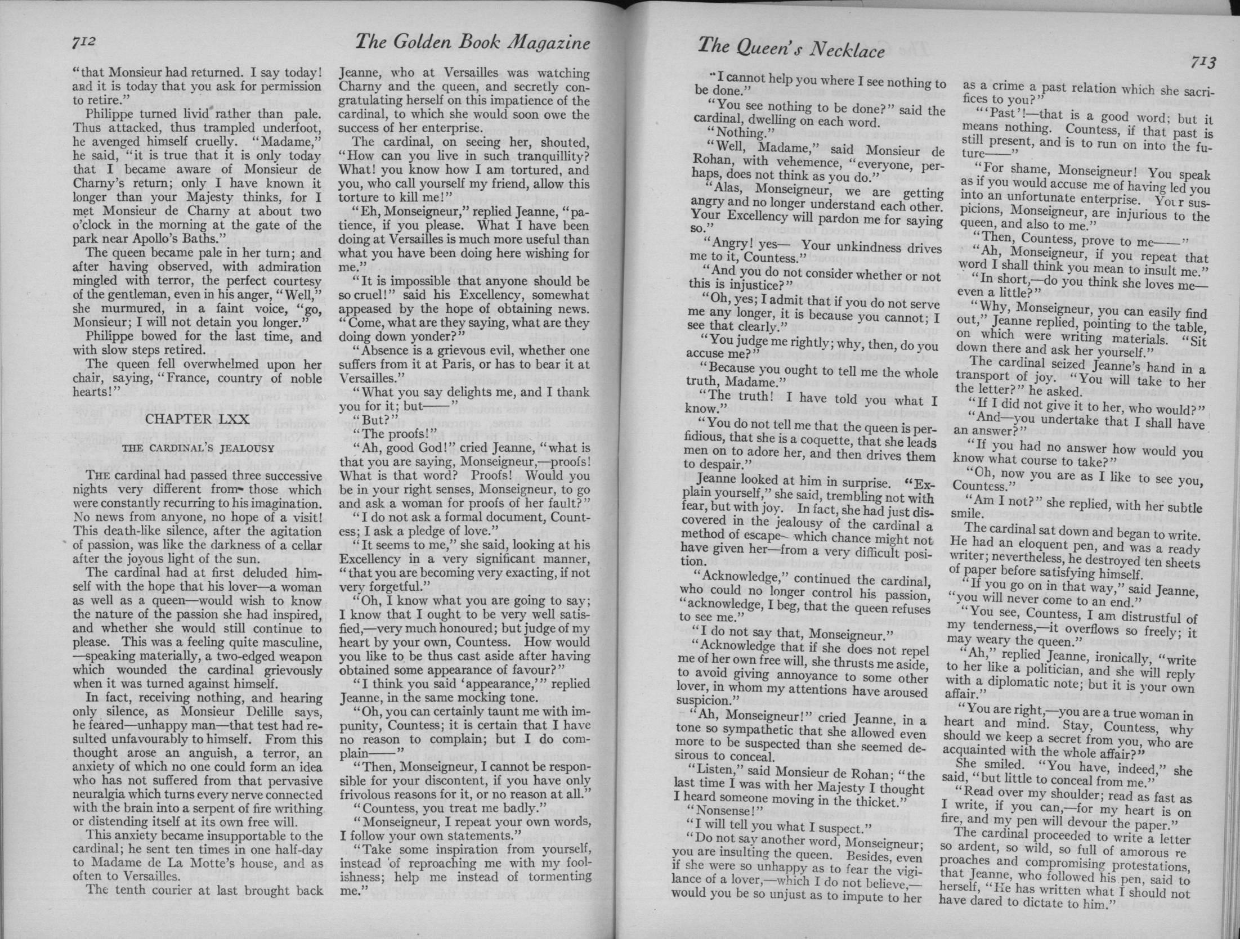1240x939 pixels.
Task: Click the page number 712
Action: (x=86, y=43)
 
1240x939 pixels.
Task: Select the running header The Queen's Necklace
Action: (x=791, y=48)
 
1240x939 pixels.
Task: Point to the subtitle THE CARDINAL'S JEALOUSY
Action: (x=198, y=448)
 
